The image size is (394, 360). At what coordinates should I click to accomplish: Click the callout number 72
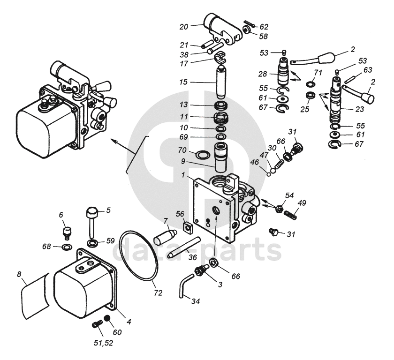coord(158,293)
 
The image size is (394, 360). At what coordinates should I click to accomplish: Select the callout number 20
coord(183,27)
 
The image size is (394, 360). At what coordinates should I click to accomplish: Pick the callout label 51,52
coord(104,343)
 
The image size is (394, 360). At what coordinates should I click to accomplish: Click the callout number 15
coord(183,82)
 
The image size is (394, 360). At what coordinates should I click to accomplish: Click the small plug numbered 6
coord(67,232)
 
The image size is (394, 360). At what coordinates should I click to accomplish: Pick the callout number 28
coord(262,74)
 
